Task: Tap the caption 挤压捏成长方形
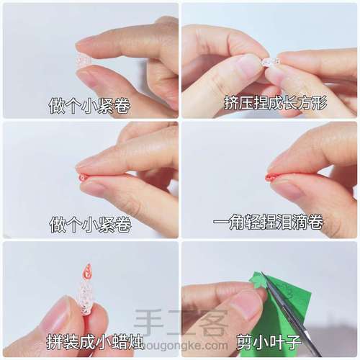click(276, 103)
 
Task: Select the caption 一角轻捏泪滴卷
click(268, 222)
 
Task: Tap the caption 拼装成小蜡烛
click(95, 341)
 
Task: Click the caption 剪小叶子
click(269, 343)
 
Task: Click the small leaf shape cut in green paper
click(258, 282)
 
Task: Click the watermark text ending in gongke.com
click(185, 346)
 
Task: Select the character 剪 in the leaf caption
click(244, 343)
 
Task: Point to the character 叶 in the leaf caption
click(276, 343)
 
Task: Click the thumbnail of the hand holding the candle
click(91, 299)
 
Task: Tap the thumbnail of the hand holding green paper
click(269, 299)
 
